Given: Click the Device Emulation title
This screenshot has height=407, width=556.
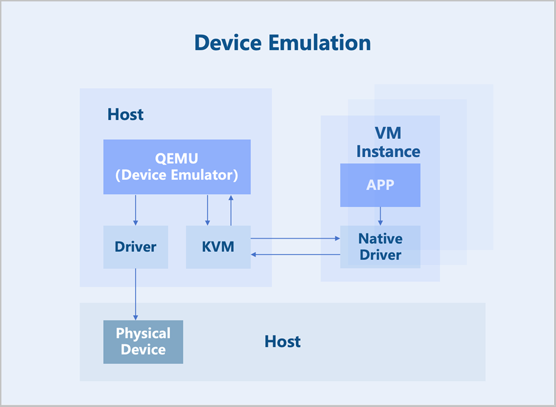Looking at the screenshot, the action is click(283, 43).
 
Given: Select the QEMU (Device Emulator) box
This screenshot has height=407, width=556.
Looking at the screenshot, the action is click(177, 167).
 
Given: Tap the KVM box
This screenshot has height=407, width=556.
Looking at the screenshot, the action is click(218, 247).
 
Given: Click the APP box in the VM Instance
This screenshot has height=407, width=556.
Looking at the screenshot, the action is click(380, 185).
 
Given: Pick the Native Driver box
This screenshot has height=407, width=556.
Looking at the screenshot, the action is click(380, 247).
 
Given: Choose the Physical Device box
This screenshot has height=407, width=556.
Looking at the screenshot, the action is click(143, 342).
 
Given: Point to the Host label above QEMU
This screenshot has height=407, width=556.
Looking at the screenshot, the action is click(126, 114).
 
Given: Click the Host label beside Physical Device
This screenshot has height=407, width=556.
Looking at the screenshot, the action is click(283, 341).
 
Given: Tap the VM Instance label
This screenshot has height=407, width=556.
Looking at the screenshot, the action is click(388, 142).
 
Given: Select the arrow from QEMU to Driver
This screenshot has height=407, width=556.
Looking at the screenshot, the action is click(135, 210).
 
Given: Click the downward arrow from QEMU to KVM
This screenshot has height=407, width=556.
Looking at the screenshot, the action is click(208, 210).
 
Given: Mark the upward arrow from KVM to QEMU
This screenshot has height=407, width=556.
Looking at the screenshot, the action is click(231, 210).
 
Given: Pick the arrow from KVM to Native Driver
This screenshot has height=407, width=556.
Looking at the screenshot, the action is click(296, 238).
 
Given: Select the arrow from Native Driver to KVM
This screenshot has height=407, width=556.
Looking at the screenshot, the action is click(296, 254).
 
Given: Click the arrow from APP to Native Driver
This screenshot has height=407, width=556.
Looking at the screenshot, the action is click(380, 216).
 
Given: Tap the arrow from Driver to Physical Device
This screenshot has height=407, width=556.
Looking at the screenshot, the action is click(135, 295).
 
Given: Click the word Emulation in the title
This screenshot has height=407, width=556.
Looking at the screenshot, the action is click(320, 43).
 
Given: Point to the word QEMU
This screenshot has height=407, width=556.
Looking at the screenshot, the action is click(177, 159).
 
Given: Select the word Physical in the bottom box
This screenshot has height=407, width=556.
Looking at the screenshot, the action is click(143, 333).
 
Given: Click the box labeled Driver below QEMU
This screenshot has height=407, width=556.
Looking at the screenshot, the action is click(135, 247).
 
